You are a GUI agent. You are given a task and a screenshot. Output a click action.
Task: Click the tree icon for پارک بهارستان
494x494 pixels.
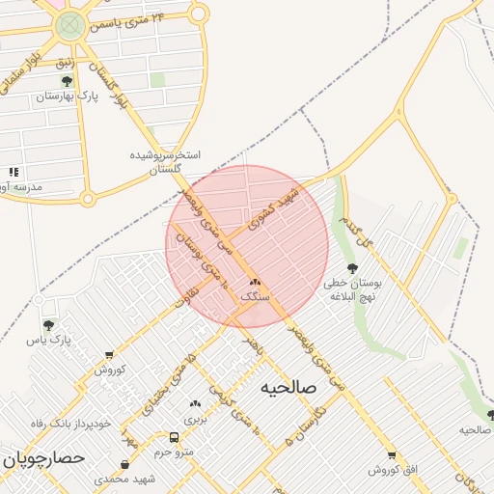67,81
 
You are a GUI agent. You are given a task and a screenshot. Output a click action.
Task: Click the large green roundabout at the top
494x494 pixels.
70,25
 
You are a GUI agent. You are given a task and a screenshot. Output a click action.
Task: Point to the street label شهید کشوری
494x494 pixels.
276,207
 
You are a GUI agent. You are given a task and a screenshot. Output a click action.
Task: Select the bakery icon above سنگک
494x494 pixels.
255,283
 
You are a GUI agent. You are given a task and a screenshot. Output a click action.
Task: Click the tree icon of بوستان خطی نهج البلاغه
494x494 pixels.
351,268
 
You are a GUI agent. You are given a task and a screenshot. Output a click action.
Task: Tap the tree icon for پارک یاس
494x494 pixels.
49,325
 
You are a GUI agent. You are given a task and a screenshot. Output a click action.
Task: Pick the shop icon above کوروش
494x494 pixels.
108,355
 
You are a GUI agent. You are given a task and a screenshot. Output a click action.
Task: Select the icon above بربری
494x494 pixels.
196,404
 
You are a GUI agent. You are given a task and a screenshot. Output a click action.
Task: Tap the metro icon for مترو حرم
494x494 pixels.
175,436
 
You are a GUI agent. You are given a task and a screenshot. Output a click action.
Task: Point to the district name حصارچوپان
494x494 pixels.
44,456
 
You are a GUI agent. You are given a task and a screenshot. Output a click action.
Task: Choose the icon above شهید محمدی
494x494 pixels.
124,464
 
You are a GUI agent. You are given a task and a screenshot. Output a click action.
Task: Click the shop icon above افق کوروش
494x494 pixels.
392,454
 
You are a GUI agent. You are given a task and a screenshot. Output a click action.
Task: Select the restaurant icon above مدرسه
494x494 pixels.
14,172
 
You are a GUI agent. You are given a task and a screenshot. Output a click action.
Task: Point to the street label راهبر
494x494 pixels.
253,343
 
